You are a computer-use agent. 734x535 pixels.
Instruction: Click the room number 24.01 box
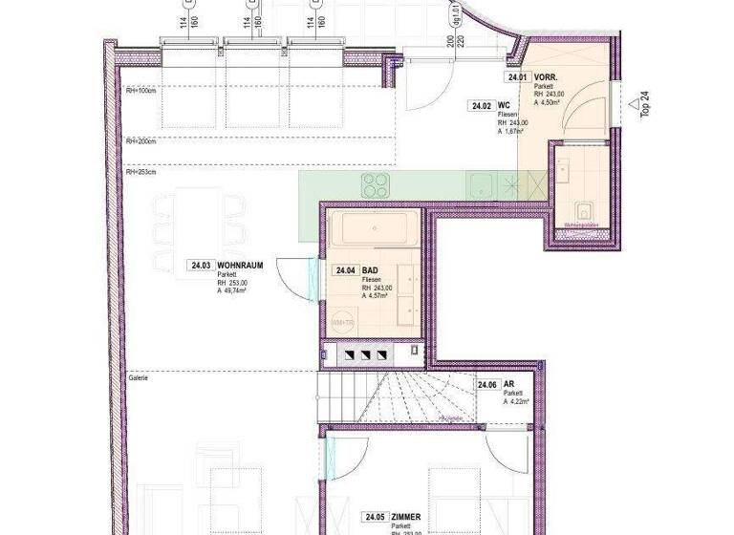[518, 76]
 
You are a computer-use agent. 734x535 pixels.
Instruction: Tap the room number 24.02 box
[481, 106]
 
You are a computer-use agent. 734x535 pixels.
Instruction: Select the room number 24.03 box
[200, 266]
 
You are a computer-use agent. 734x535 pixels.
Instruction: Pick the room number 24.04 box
[344, 270]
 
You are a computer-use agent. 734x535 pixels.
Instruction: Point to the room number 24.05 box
[374, 518]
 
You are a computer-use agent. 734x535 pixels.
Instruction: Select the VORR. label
[547, 76]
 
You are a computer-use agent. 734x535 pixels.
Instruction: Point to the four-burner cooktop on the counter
[373, 182]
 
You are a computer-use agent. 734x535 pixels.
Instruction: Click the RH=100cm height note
[140, 92]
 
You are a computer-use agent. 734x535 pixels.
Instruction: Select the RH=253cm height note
[140, 173]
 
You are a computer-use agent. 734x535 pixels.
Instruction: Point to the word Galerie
[139, 377]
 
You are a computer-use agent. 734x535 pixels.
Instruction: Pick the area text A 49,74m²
[233, 292]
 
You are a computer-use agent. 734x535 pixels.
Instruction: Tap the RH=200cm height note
[140, 140]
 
